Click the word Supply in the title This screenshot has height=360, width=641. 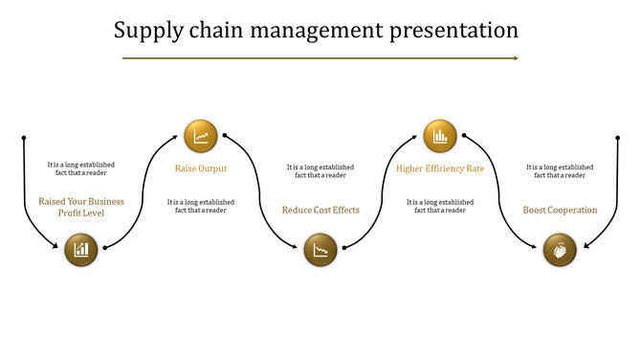[144, 31]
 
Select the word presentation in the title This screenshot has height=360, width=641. [454, 31]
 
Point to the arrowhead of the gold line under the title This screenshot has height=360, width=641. [516, 58]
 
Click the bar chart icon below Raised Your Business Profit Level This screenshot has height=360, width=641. [82, 250]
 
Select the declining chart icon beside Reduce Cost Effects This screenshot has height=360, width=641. [320, 251]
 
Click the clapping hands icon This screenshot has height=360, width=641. [560, 251]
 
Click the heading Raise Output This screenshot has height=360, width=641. [201, 169]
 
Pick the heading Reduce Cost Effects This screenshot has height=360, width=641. [320, 210]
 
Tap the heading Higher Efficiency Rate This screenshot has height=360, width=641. [440, 169]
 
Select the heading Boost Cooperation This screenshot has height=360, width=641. [560, 210]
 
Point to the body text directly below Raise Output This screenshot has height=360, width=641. [201, 206]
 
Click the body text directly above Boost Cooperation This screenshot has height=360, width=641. [560, 171]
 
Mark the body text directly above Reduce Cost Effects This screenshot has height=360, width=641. [320, 171]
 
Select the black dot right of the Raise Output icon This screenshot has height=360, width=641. [225, 136]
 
